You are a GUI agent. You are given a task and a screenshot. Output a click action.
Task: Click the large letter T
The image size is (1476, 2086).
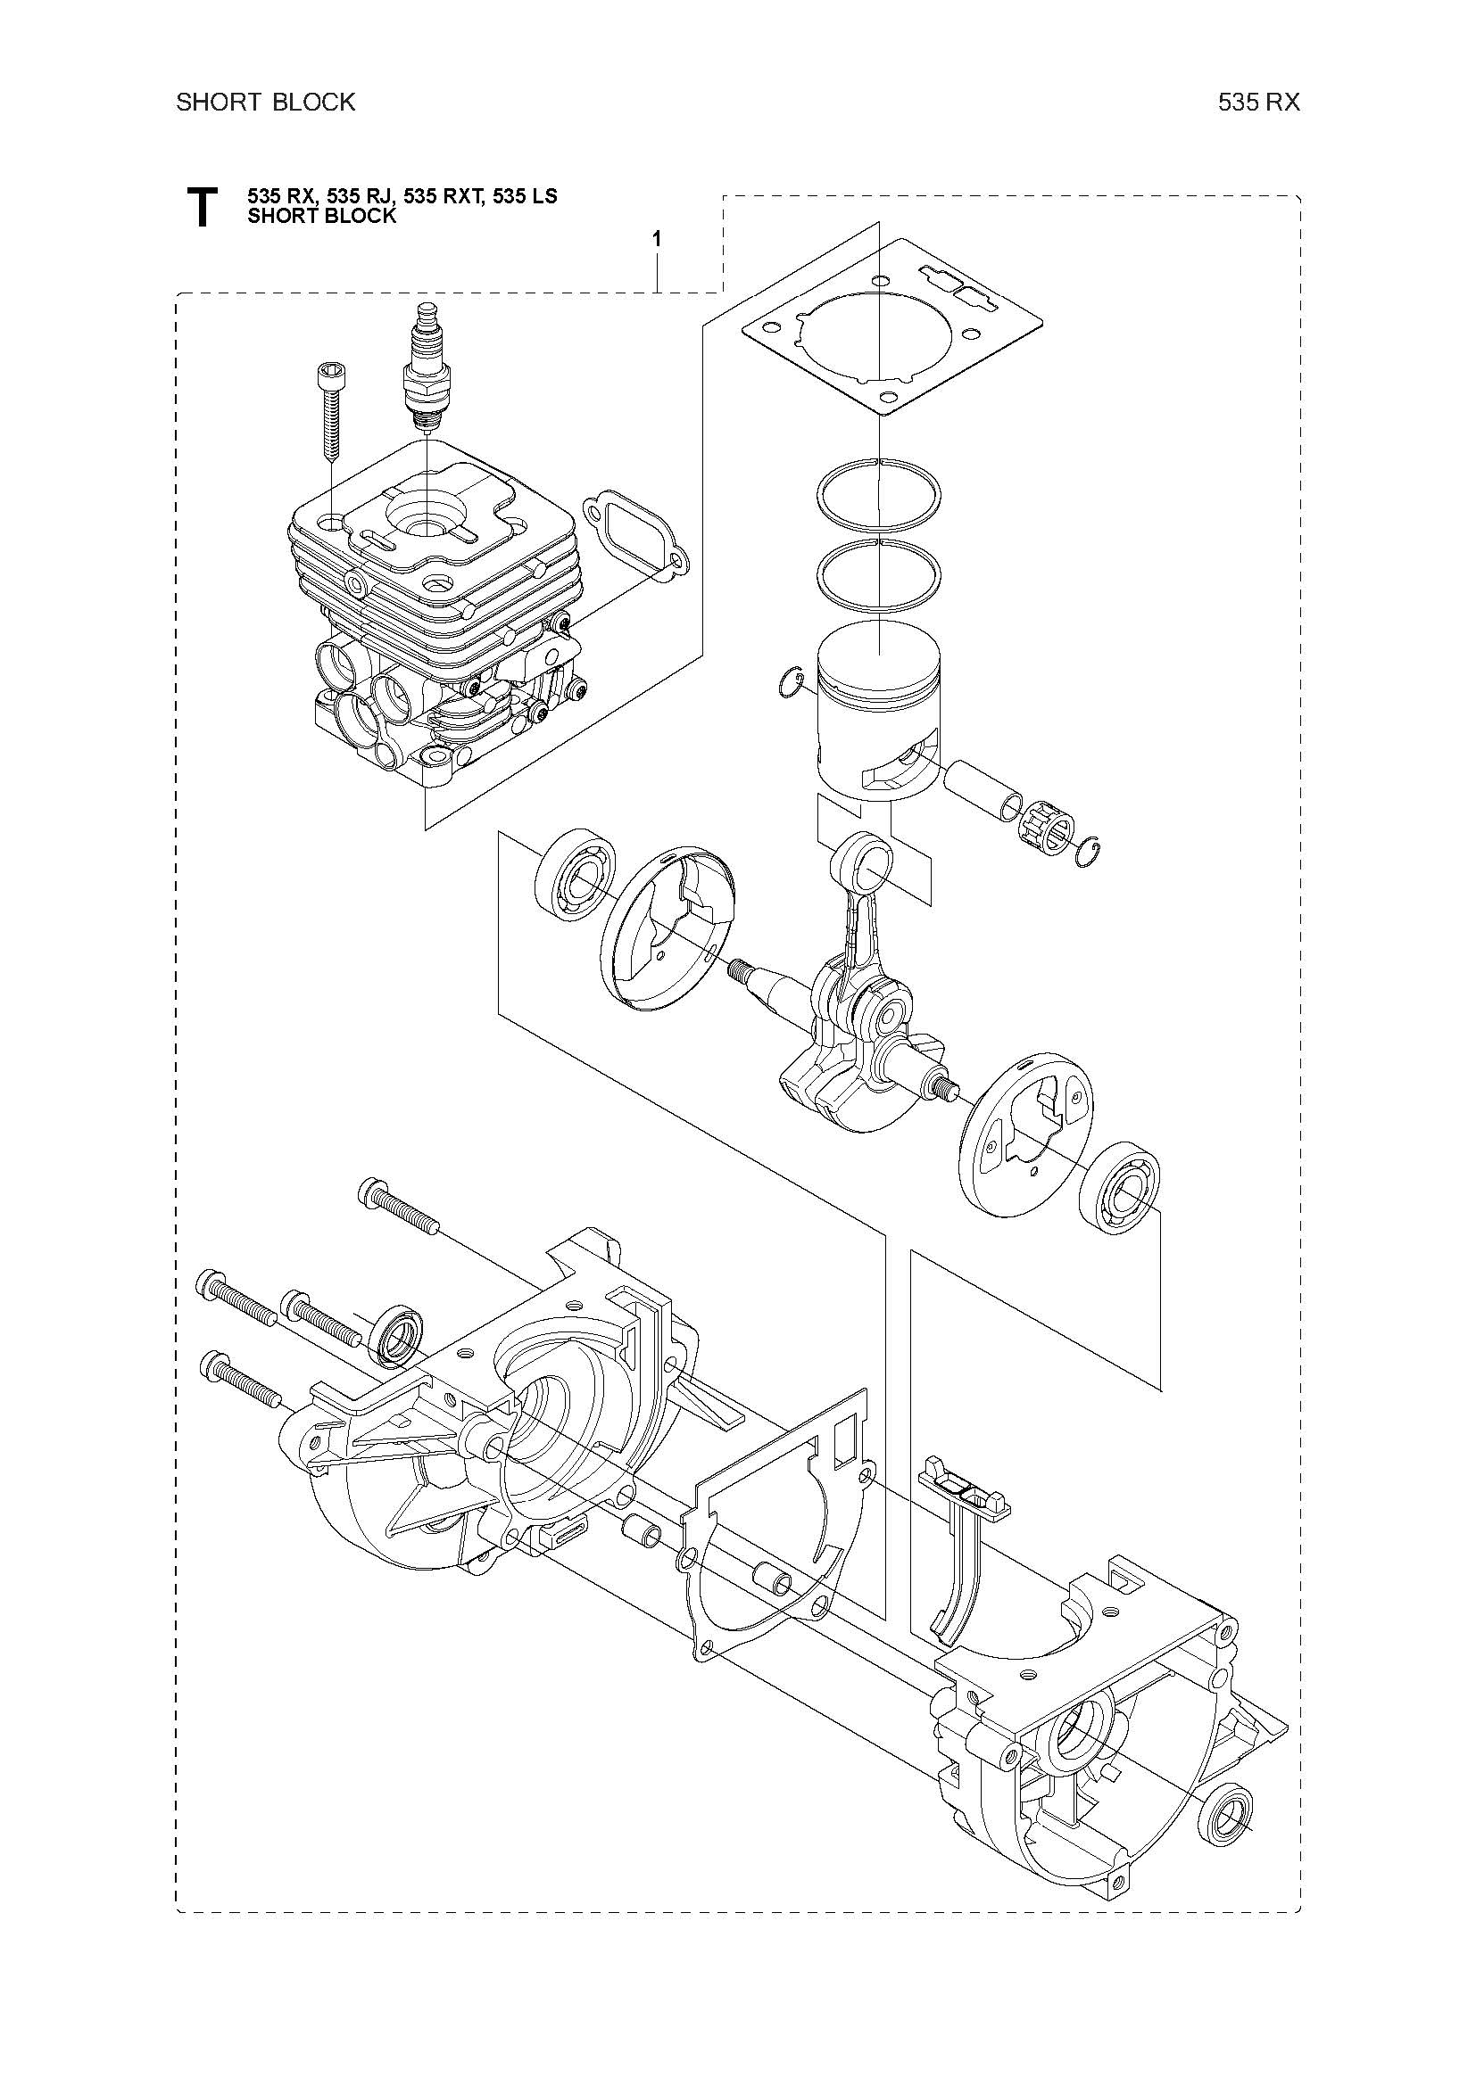pos(201,207)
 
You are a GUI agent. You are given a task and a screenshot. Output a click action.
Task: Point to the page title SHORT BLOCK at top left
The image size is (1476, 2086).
pos(265,102)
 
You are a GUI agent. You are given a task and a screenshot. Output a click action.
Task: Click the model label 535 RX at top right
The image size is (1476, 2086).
pos(1260,103)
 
